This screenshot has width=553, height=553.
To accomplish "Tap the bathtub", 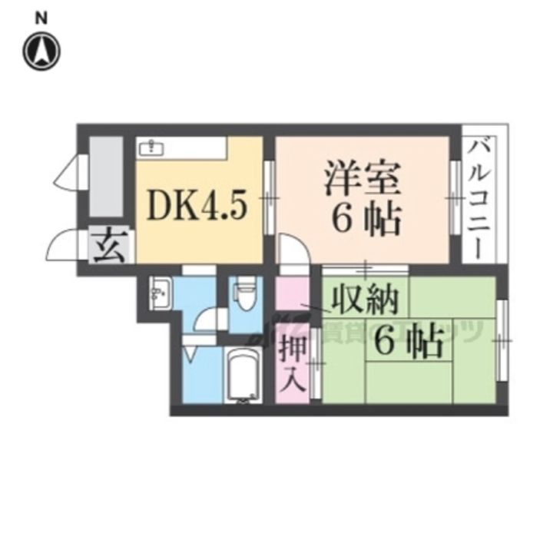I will click(244, 374).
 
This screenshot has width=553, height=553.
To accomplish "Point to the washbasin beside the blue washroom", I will click(161, 293).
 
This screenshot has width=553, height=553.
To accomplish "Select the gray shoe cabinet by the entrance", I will click(106, 177).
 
